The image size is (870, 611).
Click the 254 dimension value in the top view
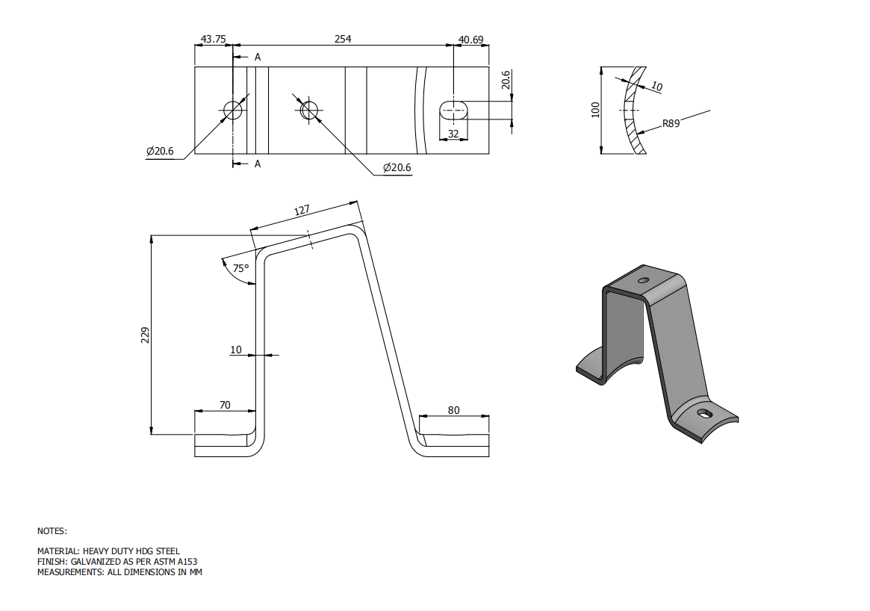pyautogui.click(x=343, y=38)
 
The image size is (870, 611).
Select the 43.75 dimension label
pyautogui.click(x=214, y=39)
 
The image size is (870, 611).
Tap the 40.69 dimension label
pyautogui.click(x=470, y=39)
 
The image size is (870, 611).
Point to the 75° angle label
pyautogui.click(x=240, y=268)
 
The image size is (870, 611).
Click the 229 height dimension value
pyautogui.click(x=146, y=335)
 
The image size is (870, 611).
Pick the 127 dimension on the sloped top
pyautogui.click(x=302, y=211)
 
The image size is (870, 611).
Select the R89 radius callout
pyautogui.click(x=671, y=124)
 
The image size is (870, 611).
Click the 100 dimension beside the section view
pyautogui.click(x=595, y=110)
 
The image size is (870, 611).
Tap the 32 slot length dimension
pyautogui.click(x=453, y=134)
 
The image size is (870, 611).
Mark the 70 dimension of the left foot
pyautogui.click(x=225, y=405)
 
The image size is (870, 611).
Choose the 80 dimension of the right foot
pyautogui.click(x=453, y=409)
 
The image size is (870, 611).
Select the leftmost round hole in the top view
pyautogui.click(x=232, y=110)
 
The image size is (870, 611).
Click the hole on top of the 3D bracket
pyautogui.click(x=642, y=280)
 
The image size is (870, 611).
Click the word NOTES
pyautogui.click(x=52, y=531)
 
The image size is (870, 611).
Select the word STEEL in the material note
pyautogui.click(x=167, y=551)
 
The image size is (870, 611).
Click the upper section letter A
pyautogui.click(x=258, y=57)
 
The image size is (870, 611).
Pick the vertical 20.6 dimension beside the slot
pyautogui.click(x=506, y=80)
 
